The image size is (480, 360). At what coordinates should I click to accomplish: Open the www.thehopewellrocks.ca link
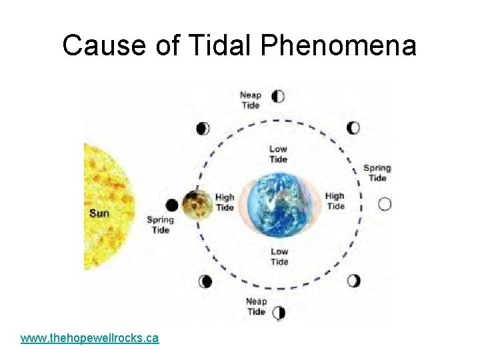pos(89,338)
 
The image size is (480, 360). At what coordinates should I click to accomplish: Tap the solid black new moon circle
pos(172,205)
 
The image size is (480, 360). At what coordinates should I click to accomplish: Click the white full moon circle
pos(385,204)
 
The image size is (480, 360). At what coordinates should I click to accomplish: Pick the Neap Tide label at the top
pos(251,100)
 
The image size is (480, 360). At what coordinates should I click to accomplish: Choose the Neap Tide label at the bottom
pos(257,306)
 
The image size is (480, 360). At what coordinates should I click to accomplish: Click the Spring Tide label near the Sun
pos(160,225)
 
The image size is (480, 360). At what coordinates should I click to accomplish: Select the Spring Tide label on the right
pos(377,173)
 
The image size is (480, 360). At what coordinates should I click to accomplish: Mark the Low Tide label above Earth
pos(279,154)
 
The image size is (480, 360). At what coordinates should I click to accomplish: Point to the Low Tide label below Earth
pos(279,257)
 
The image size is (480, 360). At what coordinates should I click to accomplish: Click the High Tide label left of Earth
pos(225,202)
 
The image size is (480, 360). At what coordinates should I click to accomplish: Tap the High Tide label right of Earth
pos(335,201)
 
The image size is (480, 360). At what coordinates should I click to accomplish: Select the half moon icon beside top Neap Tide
pos(279,96)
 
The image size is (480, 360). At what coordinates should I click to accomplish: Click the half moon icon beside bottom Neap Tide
pos(279,312)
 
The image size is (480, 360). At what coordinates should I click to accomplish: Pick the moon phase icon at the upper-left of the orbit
pos(203,128)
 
